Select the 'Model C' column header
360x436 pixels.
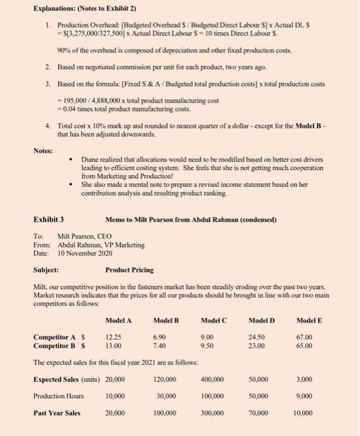click(x=214, y=320)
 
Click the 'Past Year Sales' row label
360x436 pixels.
click(x=57, y=412)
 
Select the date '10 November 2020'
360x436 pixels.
click(x=85, y=253)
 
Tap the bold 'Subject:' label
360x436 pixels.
click(x=45, y=270)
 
